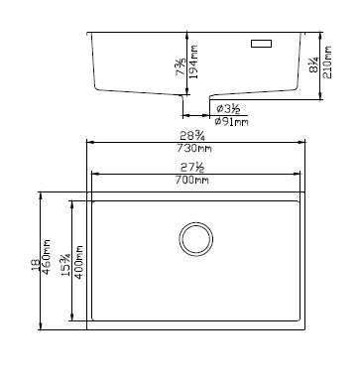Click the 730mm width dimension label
(x=194, y=148)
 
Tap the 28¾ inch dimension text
(x=192, y=136)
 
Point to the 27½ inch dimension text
(x=192, y=168)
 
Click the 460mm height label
(x=47, y=257)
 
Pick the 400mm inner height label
(x=78, y=262)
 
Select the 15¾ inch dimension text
(x=65, y=265)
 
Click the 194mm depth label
(x=193, y=62)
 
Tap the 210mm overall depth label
(x=327, y=63)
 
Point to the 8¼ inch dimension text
(x=313, y=64)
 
